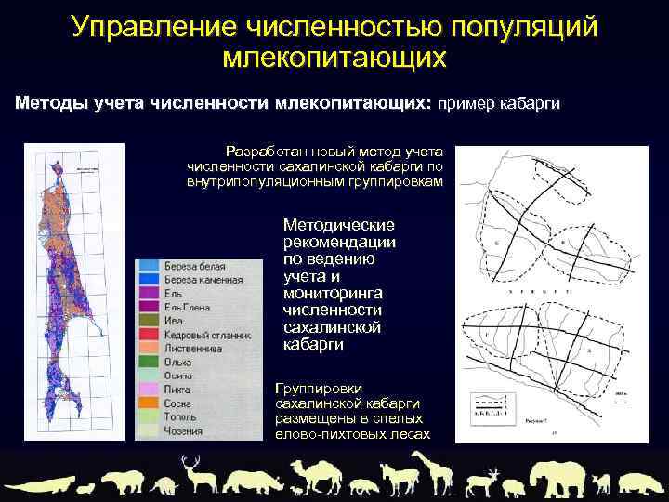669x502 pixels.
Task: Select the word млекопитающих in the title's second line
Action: (x=334, y=58)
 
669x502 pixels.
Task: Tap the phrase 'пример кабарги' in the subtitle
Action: (x=505, y=103)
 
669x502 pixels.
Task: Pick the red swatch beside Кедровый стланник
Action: (x=147, y=335)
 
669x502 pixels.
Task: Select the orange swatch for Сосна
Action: (x=147, y=404)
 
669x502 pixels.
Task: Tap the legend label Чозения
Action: (x=186, y=431)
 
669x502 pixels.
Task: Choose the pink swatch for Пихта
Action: (x=147, y=390)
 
